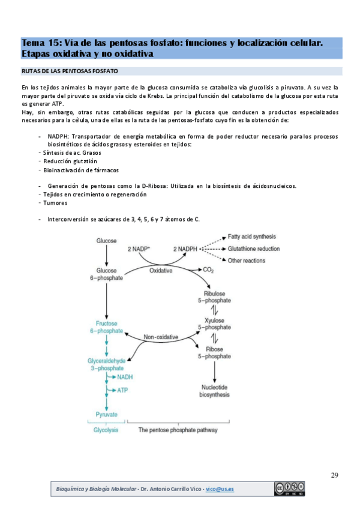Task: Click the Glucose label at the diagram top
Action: pyautogui.click(x=106, y=241)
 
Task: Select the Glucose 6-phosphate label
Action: pyautogui.click(x=106, y=274)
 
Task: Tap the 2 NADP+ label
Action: pyautogui.click(x=139, y=248)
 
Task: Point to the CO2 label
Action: pyautogui.click(x=208, y=270)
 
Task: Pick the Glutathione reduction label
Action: pyautogui.click(x=254, y=248)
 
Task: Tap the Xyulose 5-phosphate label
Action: pyautogui.click(x=214, y=324)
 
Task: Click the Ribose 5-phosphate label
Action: pyautogui.click(x=214, y=352)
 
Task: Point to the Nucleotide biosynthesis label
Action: pyautogui.click(x=214, y=391)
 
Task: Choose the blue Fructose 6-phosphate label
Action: pyautogui.click(x=106, y=327)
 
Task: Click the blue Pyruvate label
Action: pyautogui.click(x=106, y=415)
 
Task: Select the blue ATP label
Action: pyautogui.click(x=123, y=390)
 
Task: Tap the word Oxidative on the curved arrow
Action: pyautogui.click(x=161, y=271)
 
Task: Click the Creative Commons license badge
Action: pyautogui.click(x=290, y=489)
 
